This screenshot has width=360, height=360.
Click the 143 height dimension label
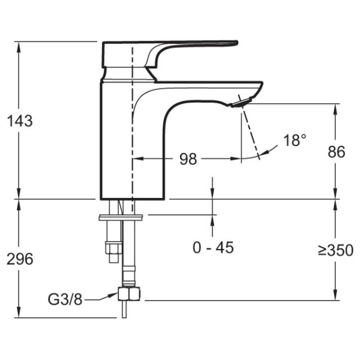(x=20, y=121)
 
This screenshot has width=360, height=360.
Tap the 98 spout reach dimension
(x=188, y=159)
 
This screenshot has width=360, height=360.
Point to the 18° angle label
(x=295, y=140)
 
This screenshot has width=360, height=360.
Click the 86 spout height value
(x=336, y=152)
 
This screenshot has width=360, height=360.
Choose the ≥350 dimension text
(x=335, y=250)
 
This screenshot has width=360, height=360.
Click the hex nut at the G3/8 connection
(x=130, y=295)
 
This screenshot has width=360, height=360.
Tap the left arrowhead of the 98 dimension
(x=136, y=159)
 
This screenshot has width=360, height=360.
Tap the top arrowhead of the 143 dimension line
(x=20, y=46)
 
